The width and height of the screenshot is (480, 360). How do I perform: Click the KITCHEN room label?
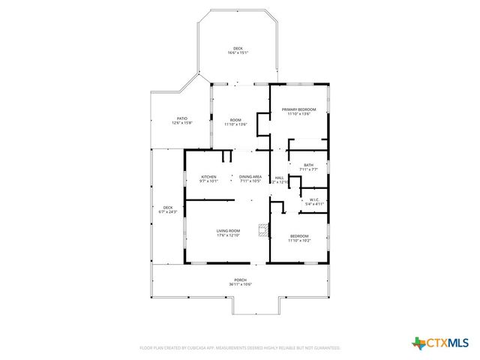point(208,177)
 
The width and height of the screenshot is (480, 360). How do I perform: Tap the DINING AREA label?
point(250,177)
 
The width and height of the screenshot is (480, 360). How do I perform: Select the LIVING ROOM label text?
point(228,230)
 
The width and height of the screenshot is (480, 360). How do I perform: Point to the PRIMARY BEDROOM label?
point(298,109)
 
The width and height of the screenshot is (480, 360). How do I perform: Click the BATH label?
point(308,165)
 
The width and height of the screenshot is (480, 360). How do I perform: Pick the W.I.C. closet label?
point(313,199)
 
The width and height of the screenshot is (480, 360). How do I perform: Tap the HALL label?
point(279,177)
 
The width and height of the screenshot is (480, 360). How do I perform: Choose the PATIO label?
point(181,118)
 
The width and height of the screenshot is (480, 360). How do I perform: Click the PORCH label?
point(240,280)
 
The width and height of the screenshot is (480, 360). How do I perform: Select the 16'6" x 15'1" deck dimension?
point(238,53)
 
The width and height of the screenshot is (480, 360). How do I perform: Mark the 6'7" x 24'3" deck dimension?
point(168,212)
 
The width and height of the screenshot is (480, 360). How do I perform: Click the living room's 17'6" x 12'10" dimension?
point(228,235)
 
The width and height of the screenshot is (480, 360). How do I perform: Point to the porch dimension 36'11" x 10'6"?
point(240,284)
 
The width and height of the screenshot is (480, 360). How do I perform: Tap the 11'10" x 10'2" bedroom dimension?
point(298,241)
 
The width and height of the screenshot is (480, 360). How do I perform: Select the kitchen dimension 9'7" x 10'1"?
point(208,181)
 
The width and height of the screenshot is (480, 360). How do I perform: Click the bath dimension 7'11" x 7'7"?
point(308,169)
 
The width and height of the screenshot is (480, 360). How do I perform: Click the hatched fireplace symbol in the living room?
point(262,230)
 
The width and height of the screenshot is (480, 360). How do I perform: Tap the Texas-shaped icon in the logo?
point(418,343)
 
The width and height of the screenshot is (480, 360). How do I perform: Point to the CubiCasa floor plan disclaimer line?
point(240,348)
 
